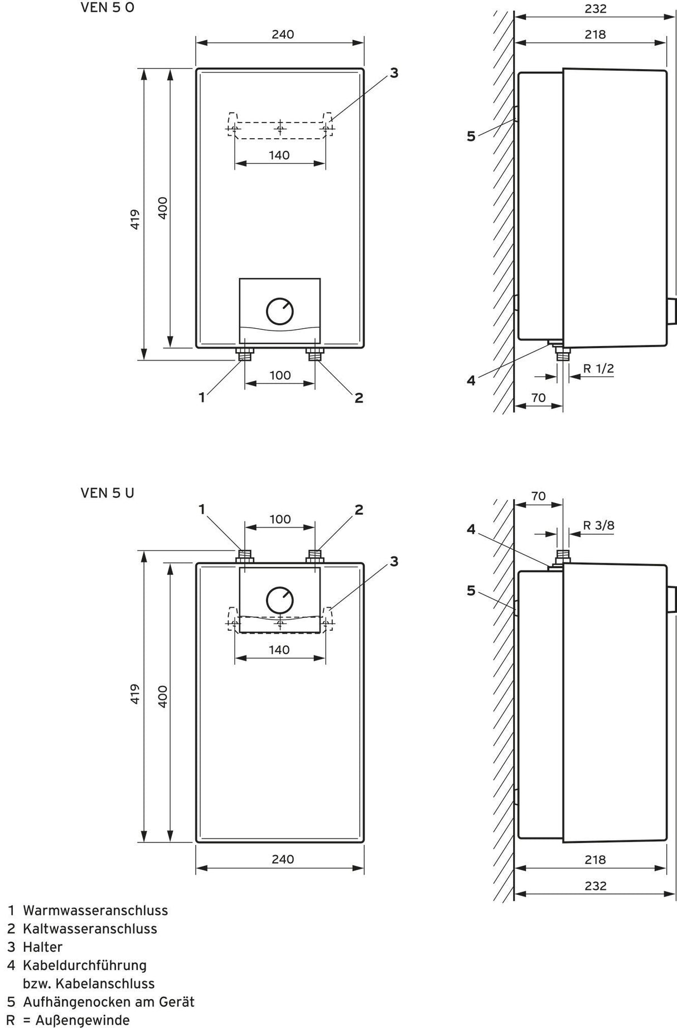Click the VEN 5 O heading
point(108,8)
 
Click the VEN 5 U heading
point(108,493)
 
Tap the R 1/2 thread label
point(598,368)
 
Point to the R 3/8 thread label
point(598,525)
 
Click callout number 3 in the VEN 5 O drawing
point(394,73)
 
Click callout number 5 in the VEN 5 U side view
point(471,591)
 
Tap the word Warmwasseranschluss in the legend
point(95,910)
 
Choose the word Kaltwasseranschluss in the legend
point(90,929)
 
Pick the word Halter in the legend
point(42,947)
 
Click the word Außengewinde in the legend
point(82,1020)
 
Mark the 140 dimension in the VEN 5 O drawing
point(279,155)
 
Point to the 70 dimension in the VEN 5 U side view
point(538,496)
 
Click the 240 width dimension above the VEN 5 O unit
point(283,35)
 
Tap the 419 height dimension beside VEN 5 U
point(135,694)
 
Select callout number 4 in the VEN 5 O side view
point(471,381)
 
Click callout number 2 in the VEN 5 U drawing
point(359,510)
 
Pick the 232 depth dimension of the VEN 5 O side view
point(595,9)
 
